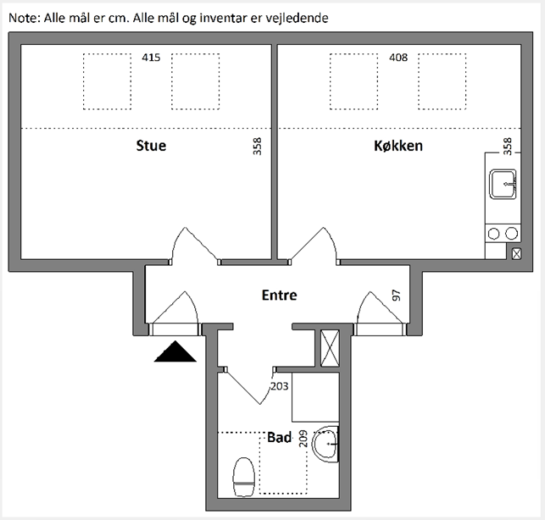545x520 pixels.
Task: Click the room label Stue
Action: [x=151, y=146]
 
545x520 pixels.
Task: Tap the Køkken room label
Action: [x=398, y=146]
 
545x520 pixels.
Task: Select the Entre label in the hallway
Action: [x=279, y=295]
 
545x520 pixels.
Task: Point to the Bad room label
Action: [x=279, y=437]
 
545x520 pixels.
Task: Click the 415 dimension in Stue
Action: [x=151, y=58]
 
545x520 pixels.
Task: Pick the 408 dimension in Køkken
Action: [x=398, y=58]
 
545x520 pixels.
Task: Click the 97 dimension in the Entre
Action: [x=396, y=296]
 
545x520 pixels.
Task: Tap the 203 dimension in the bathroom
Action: [x=280, y=386]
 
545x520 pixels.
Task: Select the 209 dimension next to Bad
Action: [x=303, y=439]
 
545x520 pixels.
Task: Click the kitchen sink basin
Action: [x=503, y=184]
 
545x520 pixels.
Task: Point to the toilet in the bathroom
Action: [x=243, y=477]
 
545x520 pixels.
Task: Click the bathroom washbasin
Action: [x=325, y=444]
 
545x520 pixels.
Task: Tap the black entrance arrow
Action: [x=175, y=351]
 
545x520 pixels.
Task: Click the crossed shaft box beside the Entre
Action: [x=330, y=348]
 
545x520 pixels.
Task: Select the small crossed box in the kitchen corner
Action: [x=517, y=254]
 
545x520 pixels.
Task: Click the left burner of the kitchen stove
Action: [x=493, y=234]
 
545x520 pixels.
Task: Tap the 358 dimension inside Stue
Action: [x=257, y=147]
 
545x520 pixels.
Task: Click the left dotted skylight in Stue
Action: [x=107, y=81]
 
